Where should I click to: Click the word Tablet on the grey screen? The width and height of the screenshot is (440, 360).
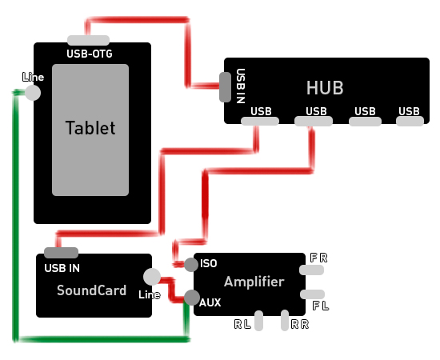[x=90, y=128]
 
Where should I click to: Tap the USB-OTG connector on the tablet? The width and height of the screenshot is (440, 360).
[x=88, y=40]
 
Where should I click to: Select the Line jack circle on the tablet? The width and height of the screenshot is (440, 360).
[x=33, y=93]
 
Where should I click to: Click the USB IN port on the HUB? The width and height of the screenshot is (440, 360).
[x=225, y=87]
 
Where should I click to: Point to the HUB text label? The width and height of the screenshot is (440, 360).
[x=325, y=88]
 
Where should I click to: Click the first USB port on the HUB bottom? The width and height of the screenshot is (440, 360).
[x=260, y=122]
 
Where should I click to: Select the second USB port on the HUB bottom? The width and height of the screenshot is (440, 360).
[x=314, y=122]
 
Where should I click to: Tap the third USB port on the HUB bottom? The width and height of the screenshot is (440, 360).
[x=365, y=122]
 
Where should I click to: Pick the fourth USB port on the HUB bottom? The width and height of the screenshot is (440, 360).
[x=410, y=122]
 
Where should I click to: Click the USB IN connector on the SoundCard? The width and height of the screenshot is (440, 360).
[x=61, y=253]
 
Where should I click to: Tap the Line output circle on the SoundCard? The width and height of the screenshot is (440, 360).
[x=152, y=277]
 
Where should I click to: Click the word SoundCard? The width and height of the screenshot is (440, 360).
[x=91, y=290]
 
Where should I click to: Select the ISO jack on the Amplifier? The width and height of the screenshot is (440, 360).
[x=191, y=265]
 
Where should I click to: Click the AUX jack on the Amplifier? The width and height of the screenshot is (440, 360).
[x=192, y=298]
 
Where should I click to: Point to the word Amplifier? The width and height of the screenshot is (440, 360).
[x=254, y=282]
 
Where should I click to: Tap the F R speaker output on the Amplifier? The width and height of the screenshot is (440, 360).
[x=311, y=270]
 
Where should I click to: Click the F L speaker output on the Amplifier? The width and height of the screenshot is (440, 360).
[x=312, y=294]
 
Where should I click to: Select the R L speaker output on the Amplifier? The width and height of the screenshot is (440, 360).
[x=258, y=321]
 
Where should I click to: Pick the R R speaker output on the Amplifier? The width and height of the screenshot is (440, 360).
[x=285, y=320]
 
